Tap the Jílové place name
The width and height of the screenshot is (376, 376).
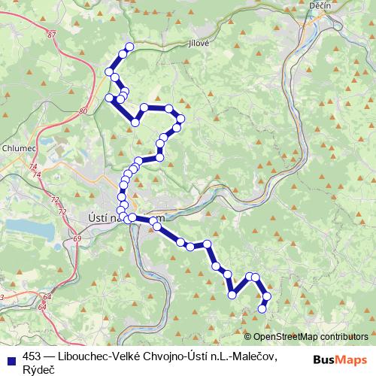coord(199,44)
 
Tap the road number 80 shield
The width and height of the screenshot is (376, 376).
coord(83,111)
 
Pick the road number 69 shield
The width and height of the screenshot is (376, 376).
coord(78,238)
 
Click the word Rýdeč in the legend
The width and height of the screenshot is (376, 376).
coord(39,368)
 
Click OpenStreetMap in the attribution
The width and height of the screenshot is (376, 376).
coord(288,337)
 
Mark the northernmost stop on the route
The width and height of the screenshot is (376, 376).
coord(129,47)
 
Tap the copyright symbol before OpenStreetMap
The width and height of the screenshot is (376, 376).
coord(248,337)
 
